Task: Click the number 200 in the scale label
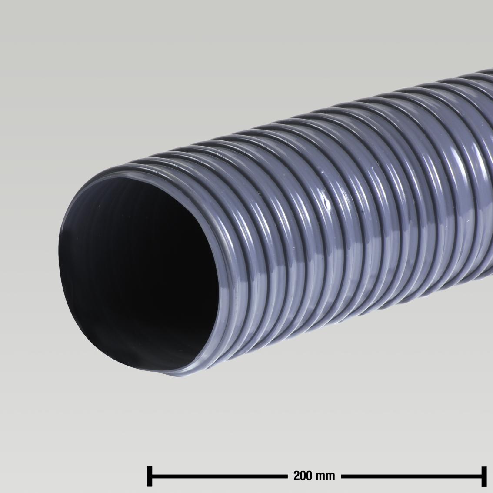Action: pyautogui.click(x=303, y=476)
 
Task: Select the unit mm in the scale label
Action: pyautogui.click(x=326, y=476)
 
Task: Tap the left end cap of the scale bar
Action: pyautogui.click(x=150, y=476)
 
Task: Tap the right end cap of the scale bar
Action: pyautogui.click(x=483, y=476)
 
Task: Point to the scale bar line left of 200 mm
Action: pyautogui.click(x=217, y=476)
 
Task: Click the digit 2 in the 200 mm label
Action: pyautogui.click(x=297, y=476)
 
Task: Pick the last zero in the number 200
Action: pyautogui.click(x=309, y=476)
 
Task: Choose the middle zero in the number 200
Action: pyautogui.click(x=303, y=476)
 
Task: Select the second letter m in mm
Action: pyautogui.click(x=330, y=476)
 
